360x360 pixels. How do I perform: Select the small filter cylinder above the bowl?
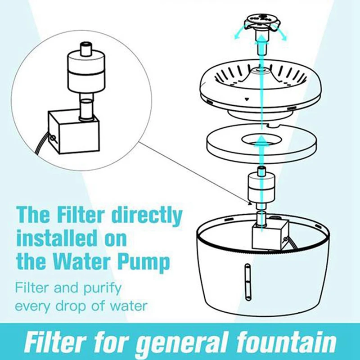pos(260,187)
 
